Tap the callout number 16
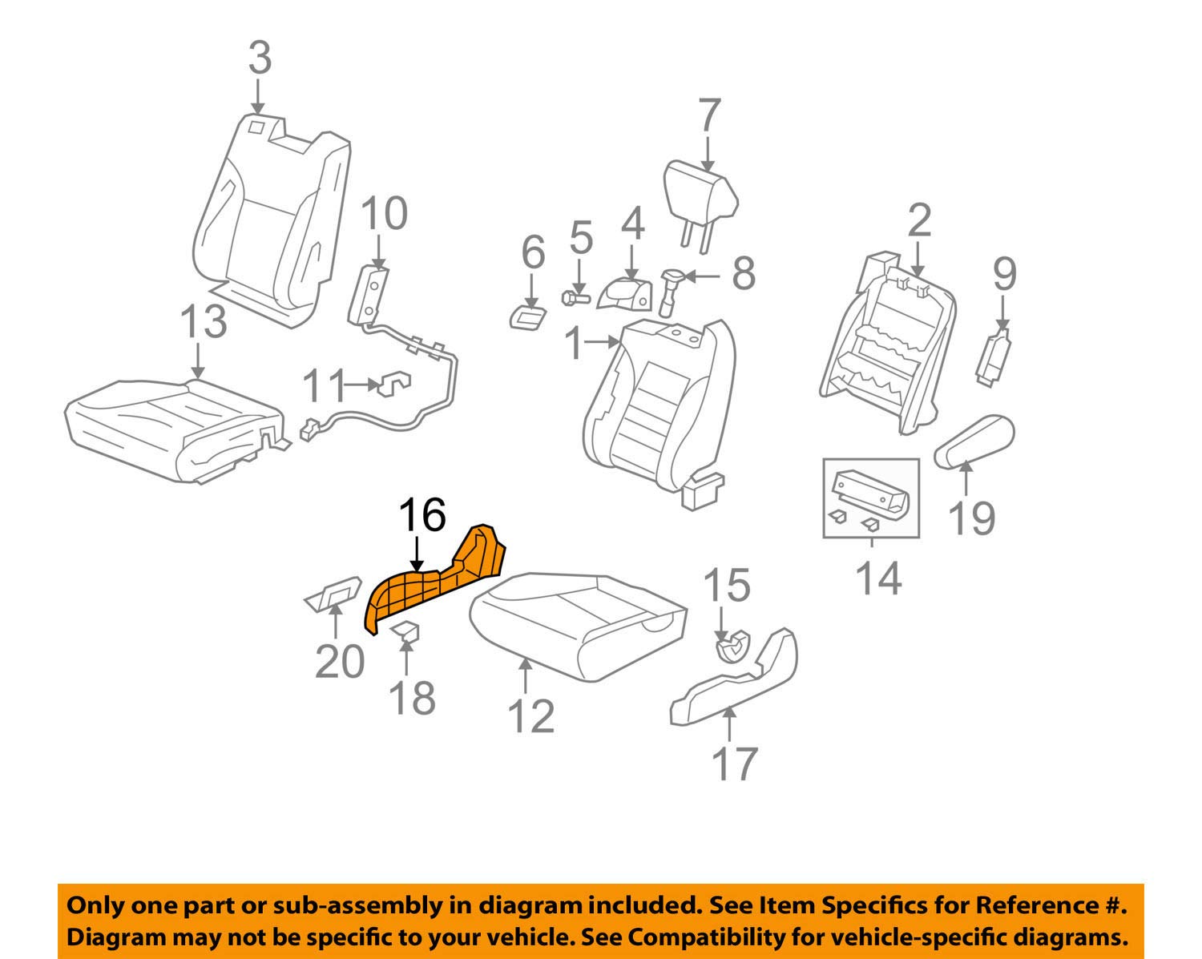[x=422, y=515]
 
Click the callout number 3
[x=259, y=58]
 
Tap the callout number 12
[x=530, y=716]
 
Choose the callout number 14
[x=878, y=577]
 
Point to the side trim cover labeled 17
[x=733, y=681]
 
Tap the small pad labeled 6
[x=527, y=315]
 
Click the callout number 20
[x=340, y=661]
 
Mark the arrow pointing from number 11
[x=361, y=385]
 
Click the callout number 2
[x=919, y=220]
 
